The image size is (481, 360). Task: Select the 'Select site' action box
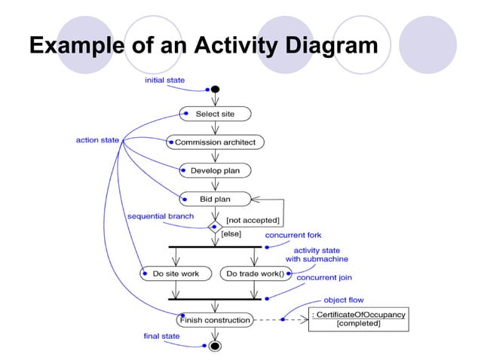(215, 114)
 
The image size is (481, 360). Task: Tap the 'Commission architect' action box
(215, 142)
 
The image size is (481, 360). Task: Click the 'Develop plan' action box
(215, 171)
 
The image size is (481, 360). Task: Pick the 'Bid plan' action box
(215, 200)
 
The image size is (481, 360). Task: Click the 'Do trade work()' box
(256, 273)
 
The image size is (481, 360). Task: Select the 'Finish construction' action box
(215, 320)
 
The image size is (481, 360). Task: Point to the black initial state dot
(215, 89)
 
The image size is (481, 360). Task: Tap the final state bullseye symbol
(215, 346)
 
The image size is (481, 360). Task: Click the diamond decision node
(215, 224)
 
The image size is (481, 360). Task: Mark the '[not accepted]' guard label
(253, 220)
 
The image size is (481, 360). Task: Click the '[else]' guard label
(231, 233)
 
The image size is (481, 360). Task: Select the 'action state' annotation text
(97, 140)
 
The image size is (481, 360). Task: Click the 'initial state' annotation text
(164, 80)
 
